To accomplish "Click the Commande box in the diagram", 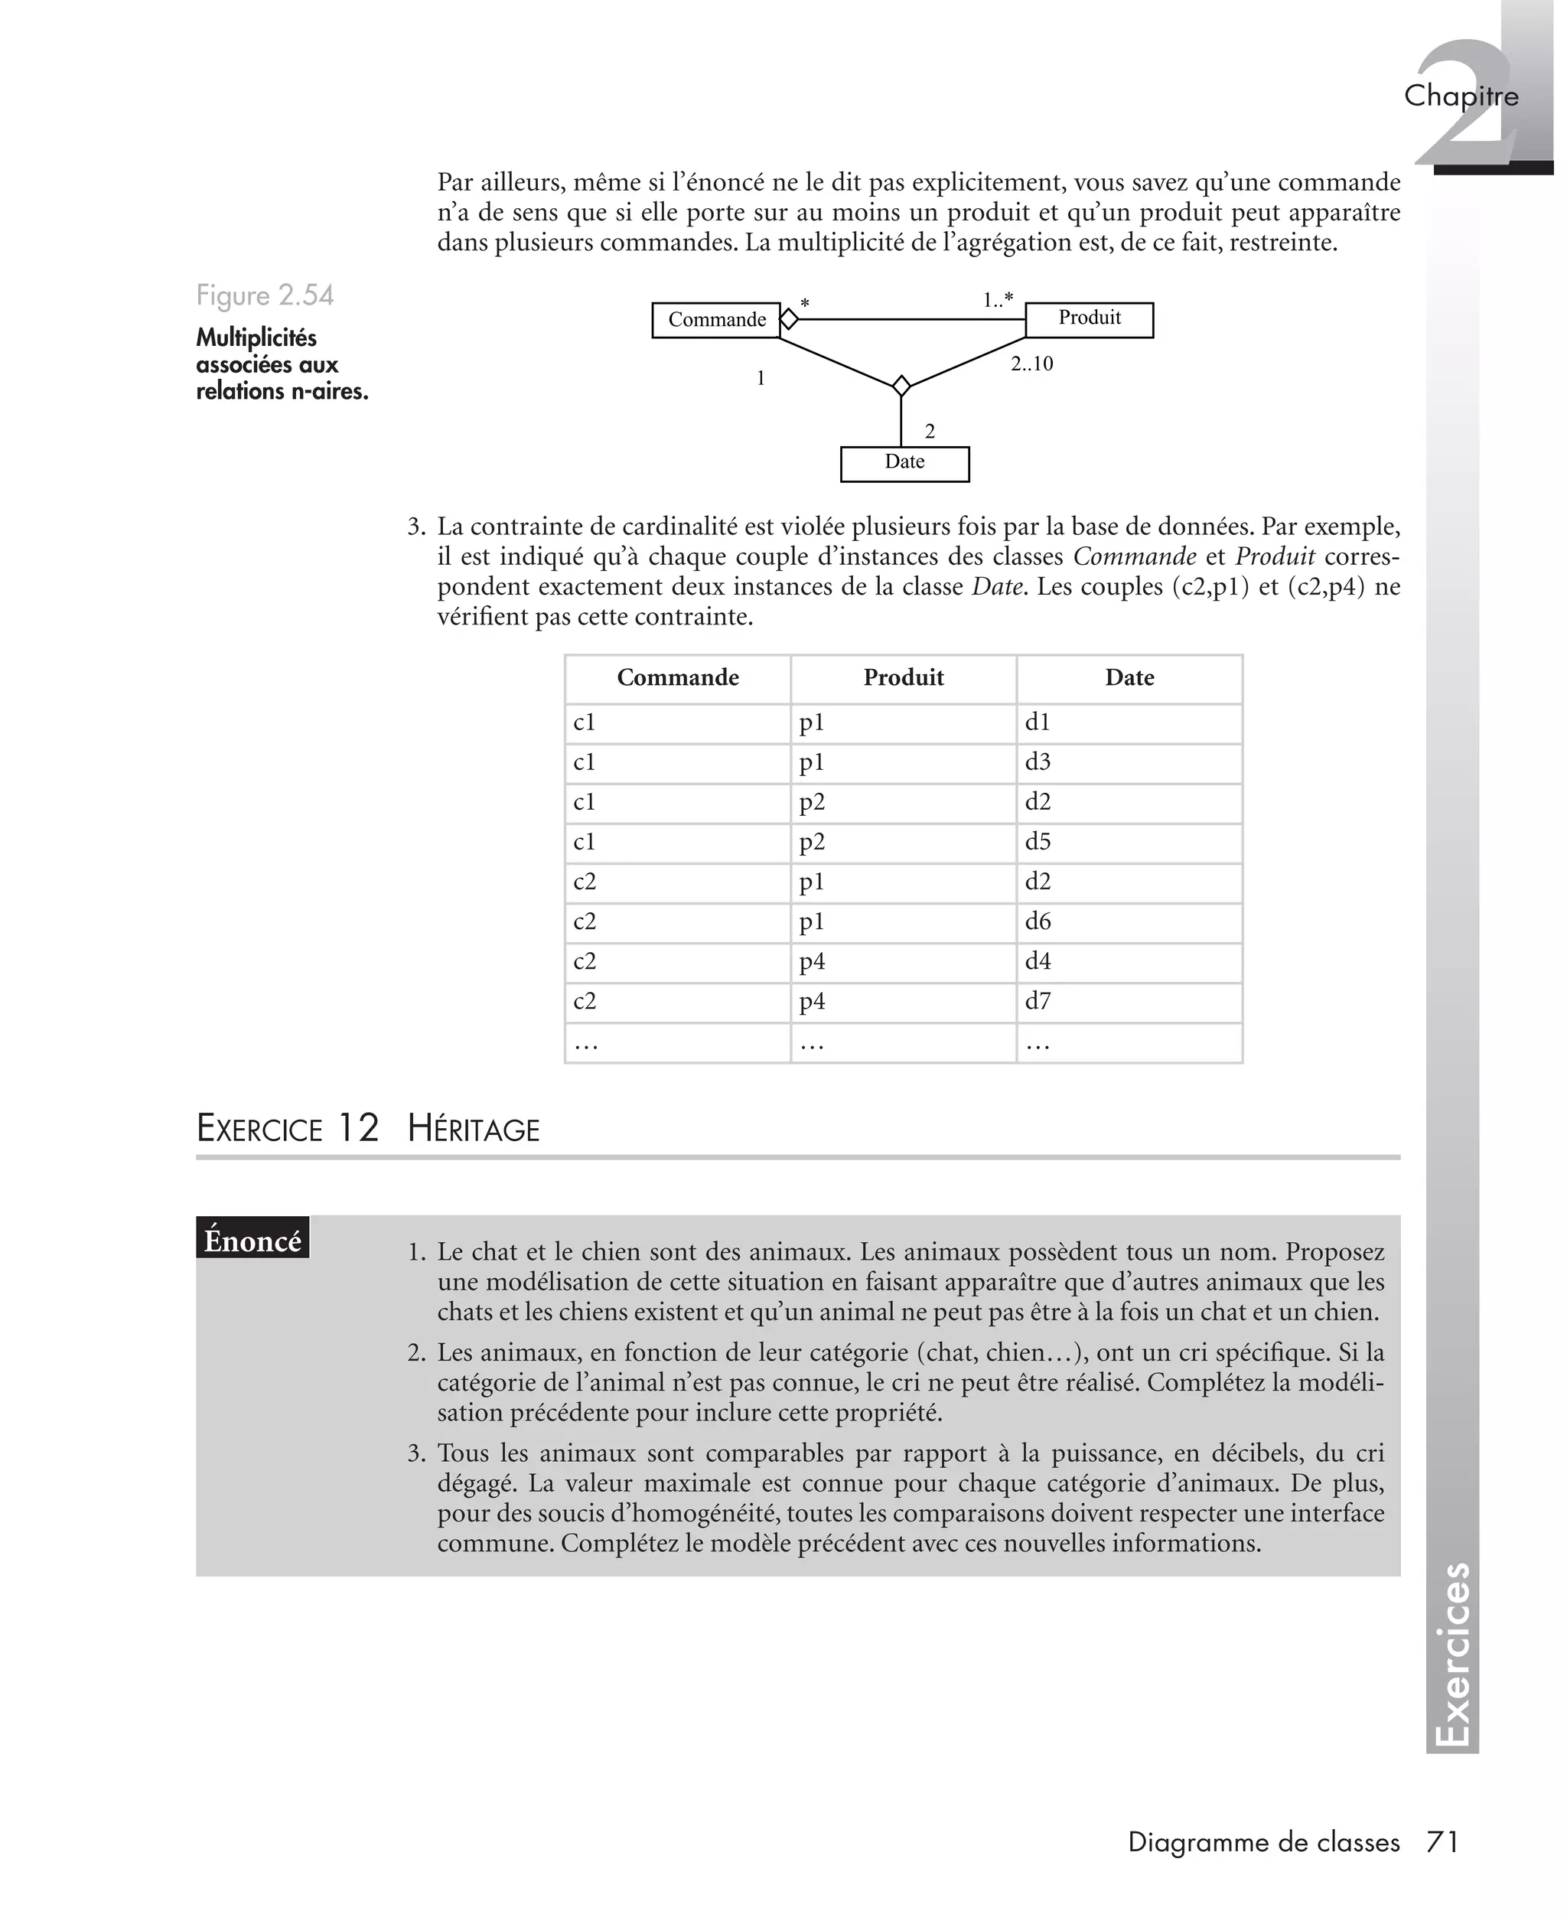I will pos(716,321).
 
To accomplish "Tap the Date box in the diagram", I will pos(904,463).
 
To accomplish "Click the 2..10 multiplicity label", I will pos(1031,364).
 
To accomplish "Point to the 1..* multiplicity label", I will pos(998,298).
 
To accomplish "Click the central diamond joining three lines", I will pos(901,386).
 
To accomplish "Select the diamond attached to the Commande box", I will pos(789,318).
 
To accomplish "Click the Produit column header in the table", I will pos(904,678).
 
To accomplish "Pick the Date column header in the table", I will pos(1129,678).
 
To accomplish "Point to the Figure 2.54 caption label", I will pos(265,296).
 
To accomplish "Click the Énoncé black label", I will pos(252,1241).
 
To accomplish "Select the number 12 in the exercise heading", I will pos(358,1128).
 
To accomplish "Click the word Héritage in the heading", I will pos(473,1130).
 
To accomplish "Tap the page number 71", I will pos(1442,1842).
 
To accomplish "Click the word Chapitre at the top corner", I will pos(1461,96).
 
